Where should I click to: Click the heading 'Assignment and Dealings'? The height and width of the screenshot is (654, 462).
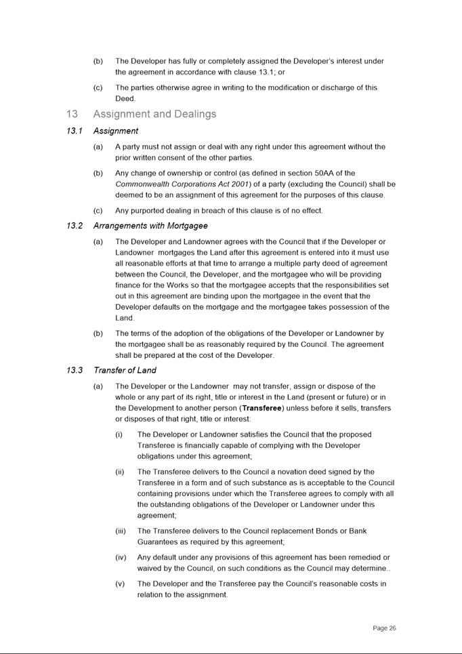coord(154,114)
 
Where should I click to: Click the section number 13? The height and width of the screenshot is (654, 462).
coord(72,114)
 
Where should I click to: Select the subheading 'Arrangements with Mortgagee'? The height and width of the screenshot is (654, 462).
coord(150,226)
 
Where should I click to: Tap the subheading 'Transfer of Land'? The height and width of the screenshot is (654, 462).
coord(125,370)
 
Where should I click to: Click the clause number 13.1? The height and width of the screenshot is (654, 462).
coord(75,131)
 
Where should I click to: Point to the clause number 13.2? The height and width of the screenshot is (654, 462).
coord(75,226)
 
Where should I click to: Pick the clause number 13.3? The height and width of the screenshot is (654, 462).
coord(75,370)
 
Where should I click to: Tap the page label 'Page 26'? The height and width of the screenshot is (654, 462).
coord(384,628)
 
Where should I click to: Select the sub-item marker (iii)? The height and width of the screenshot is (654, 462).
coord(121,531)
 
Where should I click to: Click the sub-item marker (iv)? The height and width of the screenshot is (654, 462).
coord(121,557)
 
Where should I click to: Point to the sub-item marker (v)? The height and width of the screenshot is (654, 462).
coord(121,584)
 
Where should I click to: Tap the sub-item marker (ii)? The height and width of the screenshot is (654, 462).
coord(120,472)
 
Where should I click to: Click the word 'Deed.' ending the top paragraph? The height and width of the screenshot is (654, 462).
coord(125,98)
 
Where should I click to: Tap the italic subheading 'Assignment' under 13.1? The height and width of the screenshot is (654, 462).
coord(116,131)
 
